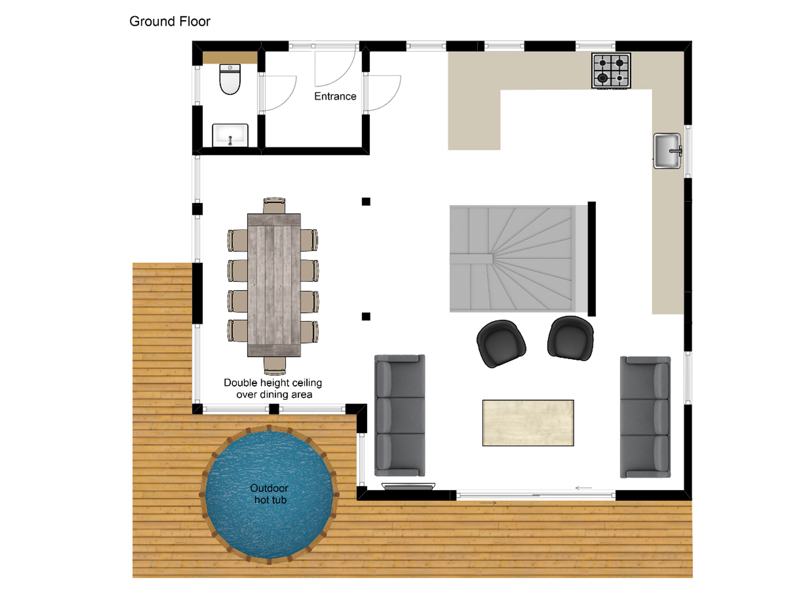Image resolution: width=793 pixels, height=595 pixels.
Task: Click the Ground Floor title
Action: [x=170, y=22]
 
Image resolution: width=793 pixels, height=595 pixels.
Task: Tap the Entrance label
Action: [x=335, y=96]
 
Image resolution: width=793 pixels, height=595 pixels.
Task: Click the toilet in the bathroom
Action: [x=230, y=79]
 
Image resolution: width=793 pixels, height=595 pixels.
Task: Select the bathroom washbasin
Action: [x=230, y=135]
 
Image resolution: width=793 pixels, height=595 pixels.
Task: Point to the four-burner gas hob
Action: [x=611, y=71]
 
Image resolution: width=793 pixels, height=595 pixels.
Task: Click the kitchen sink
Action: [x=667, y=151]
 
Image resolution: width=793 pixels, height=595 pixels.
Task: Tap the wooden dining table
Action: [x=274, y=285]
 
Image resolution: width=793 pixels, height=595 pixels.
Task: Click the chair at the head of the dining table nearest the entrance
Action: [x=274, y=205]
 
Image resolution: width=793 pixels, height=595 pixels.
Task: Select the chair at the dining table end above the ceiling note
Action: [x=275, y=365]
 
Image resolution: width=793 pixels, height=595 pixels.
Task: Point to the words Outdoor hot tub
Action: [x=269, y=494]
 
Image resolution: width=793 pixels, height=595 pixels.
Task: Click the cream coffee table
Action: [x=528, y=423]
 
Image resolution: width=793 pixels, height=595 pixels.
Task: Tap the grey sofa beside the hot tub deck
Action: [x=400, y=415]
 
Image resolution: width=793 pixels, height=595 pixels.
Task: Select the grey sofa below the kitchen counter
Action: [x=645, y=417]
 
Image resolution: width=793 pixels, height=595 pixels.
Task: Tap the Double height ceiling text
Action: [x=273, y=383]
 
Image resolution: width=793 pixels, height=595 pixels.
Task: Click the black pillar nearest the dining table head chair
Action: [x=366, y=201]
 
